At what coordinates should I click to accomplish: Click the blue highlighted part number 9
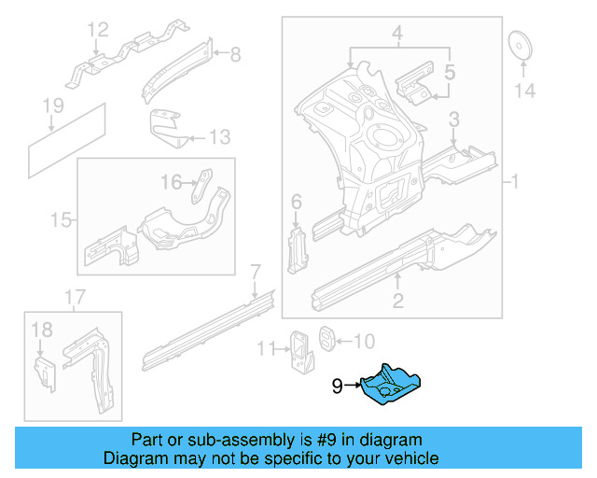coord(392,383)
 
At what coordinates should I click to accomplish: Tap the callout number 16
coord(171,182)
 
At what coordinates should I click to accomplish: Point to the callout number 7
coord(254,273)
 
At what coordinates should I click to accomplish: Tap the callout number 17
coord(75,298)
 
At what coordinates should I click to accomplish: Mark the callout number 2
coord(397,300)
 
